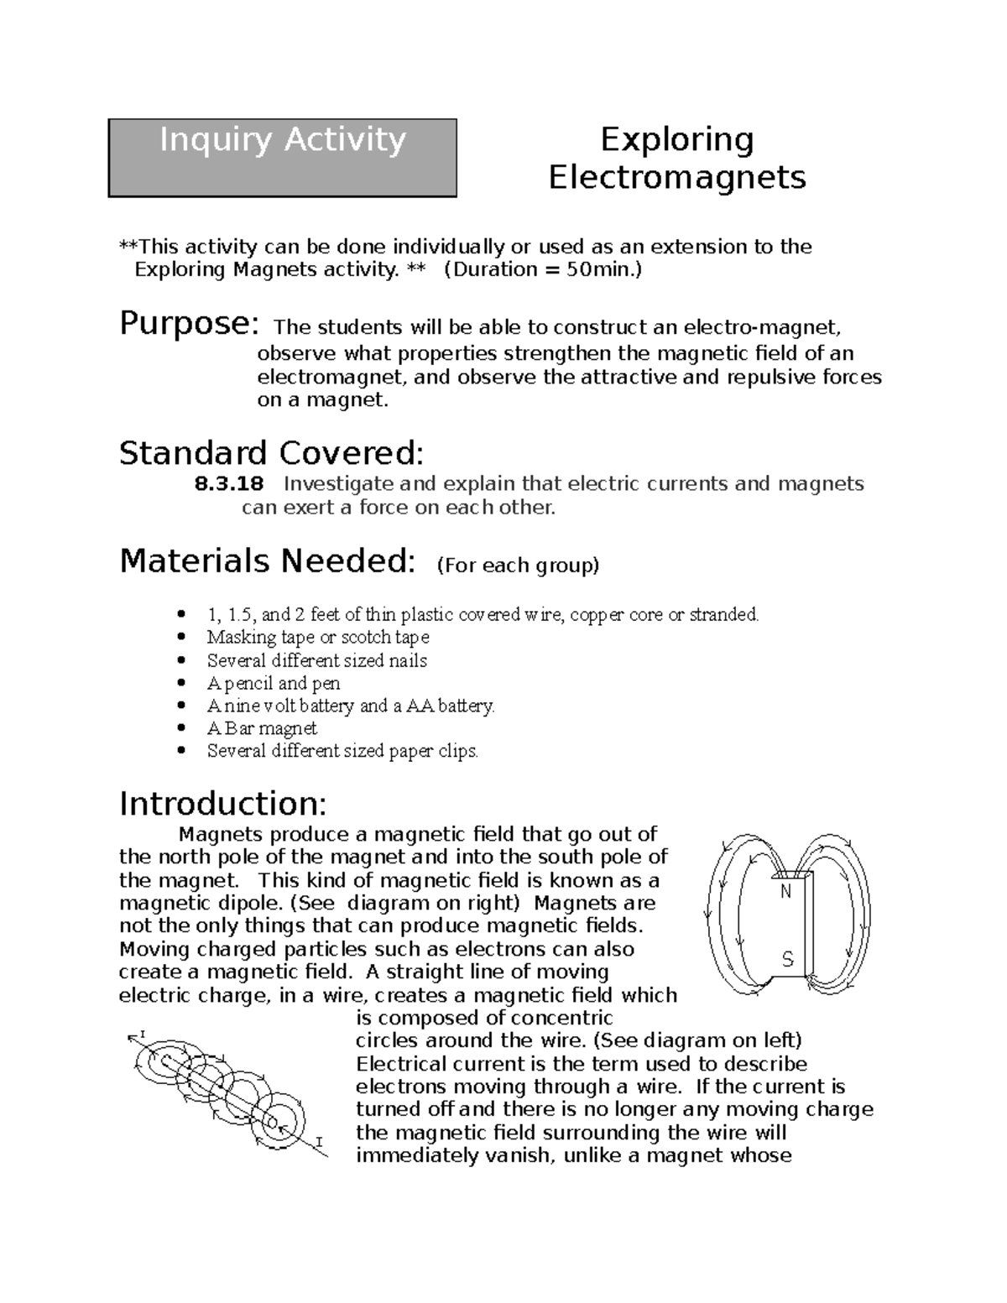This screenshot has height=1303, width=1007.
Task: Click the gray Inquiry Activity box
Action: click(x=282, y=158)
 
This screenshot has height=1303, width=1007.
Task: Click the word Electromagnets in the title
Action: click(x=676, y=178)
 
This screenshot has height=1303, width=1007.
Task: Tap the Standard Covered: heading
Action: click(x=271, y=454)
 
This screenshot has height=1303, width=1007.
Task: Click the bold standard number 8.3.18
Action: click(x=228, y=484)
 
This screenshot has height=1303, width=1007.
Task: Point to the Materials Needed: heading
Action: click(x=267, y=561)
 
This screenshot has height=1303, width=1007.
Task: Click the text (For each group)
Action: click(x=518, y=566)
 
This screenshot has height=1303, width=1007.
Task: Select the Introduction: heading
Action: click(x=222, y=804)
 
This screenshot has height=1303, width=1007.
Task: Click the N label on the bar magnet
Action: click(x=786, y=893)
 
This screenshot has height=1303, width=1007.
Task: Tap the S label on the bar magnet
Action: click(x=787, y=960)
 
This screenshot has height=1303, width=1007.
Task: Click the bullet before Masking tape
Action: click(x=185, y=638)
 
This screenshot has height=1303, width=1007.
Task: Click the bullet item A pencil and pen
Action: click(x=274, y=683)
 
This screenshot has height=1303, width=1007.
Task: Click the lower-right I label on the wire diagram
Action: click(x=319, y=1141)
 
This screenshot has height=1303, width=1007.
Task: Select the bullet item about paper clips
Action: click(x=342, y=751)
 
